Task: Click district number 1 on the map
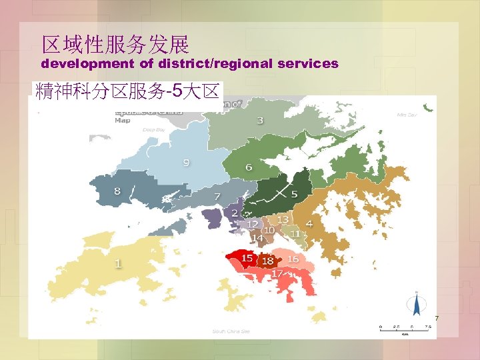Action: pos(118,263)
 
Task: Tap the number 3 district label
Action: pos(260,120)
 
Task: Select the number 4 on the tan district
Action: pos(309,222)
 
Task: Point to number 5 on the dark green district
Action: pos(294,194)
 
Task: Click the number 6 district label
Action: pos(249,167)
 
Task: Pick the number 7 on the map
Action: pos(217,196)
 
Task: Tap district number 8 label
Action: pos(117,191)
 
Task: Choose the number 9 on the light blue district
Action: pos(186,162)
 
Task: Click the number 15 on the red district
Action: pos(247,258)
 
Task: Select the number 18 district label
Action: pos(267,261)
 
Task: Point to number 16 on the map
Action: pos(293,259)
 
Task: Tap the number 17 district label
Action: pos(277,273)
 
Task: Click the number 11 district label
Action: pos(295,234)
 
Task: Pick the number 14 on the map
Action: pos(257,238)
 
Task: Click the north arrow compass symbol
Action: pos(417,304)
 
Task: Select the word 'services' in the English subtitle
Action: pos(311,65)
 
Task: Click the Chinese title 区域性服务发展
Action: pos(115,45)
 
